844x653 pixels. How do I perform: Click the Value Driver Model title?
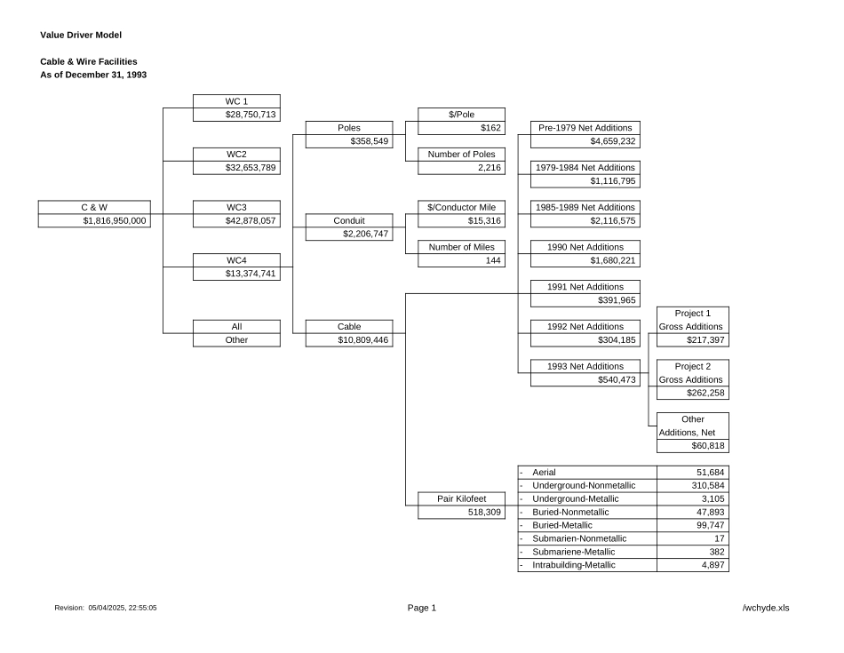pyautogui.click(x=81, y=35)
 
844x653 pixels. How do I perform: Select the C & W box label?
pyautogui.click(x=93, y=207)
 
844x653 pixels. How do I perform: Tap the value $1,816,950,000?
pyautogui.click(x=115, y=220)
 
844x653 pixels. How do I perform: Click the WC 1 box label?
pyautogui.click(x=236, y=101)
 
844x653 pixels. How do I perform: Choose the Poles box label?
pyautogui.click(x=349, y=127)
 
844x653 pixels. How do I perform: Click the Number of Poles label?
pyautogui.click(x=461, y=155)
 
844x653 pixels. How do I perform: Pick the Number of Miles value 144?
pyautogui.click(x=493, y=260)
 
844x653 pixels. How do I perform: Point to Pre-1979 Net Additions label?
pyautogui.click(x=585, y=128)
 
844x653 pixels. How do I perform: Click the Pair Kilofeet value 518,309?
pyautogui.click(x=483, y=513)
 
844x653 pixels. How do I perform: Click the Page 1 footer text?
pyautogui.click(x=422, y=608)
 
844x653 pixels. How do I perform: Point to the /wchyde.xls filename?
pyautogui.click(x=765, y=608)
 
